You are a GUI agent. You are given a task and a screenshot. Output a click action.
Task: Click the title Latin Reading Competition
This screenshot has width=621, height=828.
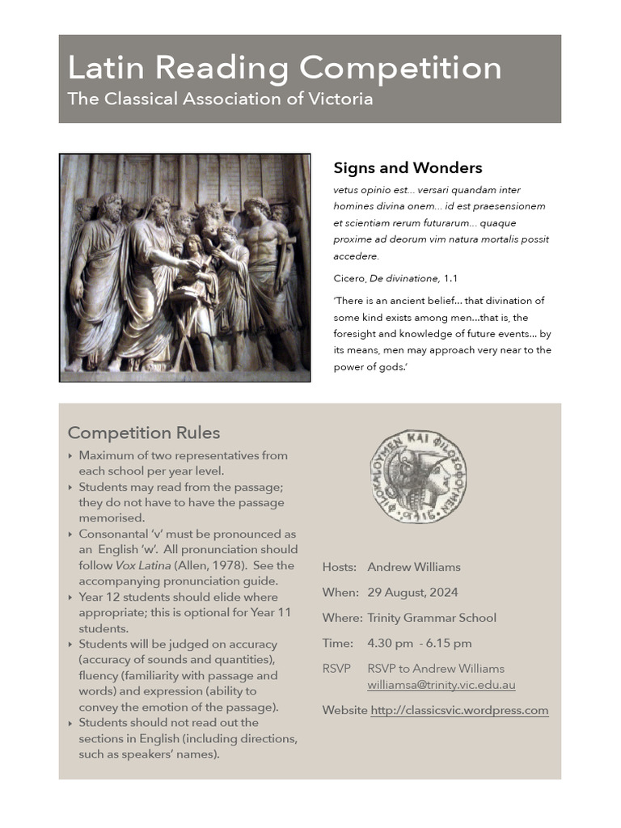(x=285, y=67)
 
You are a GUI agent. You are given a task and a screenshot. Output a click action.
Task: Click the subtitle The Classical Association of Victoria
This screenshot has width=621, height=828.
(x=220, y=99)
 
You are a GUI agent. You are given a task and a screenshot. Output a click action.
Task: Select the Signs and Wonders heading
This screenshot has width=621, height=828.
(x=408, y=168)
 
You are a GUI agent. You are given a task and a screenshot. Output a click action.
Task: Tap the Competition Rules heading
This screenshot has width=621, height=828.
(x=144, y=433)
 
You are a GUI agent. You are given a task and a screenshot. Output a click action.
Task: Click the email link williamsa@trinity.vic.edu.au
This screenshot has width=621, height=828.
(x=441, y=685)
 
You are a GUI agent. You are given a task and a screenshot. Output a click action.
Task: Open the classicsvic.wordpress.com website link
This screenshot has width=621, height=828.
(x=459, y=711)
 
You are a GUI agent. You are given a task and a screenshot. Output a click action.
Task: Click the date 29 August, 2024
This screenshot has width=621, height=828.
(x=412, y=593)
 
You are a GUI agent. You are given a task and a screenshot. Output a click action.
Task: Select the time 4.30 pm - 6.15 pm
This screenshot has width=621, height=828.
(x=419, y=644)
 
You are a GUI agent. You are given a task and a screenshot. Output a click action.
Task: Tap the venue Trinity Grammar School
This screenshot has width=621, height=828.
(x=431, y=618)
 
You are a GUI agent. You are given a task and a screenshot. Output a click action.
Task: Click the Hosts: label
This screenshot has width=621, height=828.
(x=339, y=567)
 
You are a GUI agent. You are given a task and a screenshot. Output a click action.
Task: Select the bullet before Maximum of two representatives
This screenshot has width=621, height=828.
(x=71, y=456)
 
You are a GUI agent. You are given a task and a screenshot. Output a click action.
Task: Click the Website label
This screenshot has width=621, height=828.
(x=344, y=711)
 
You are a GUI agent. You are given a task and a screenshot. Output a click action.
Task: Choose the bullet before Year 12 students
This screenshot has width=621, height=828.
(x=71, y=598)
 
